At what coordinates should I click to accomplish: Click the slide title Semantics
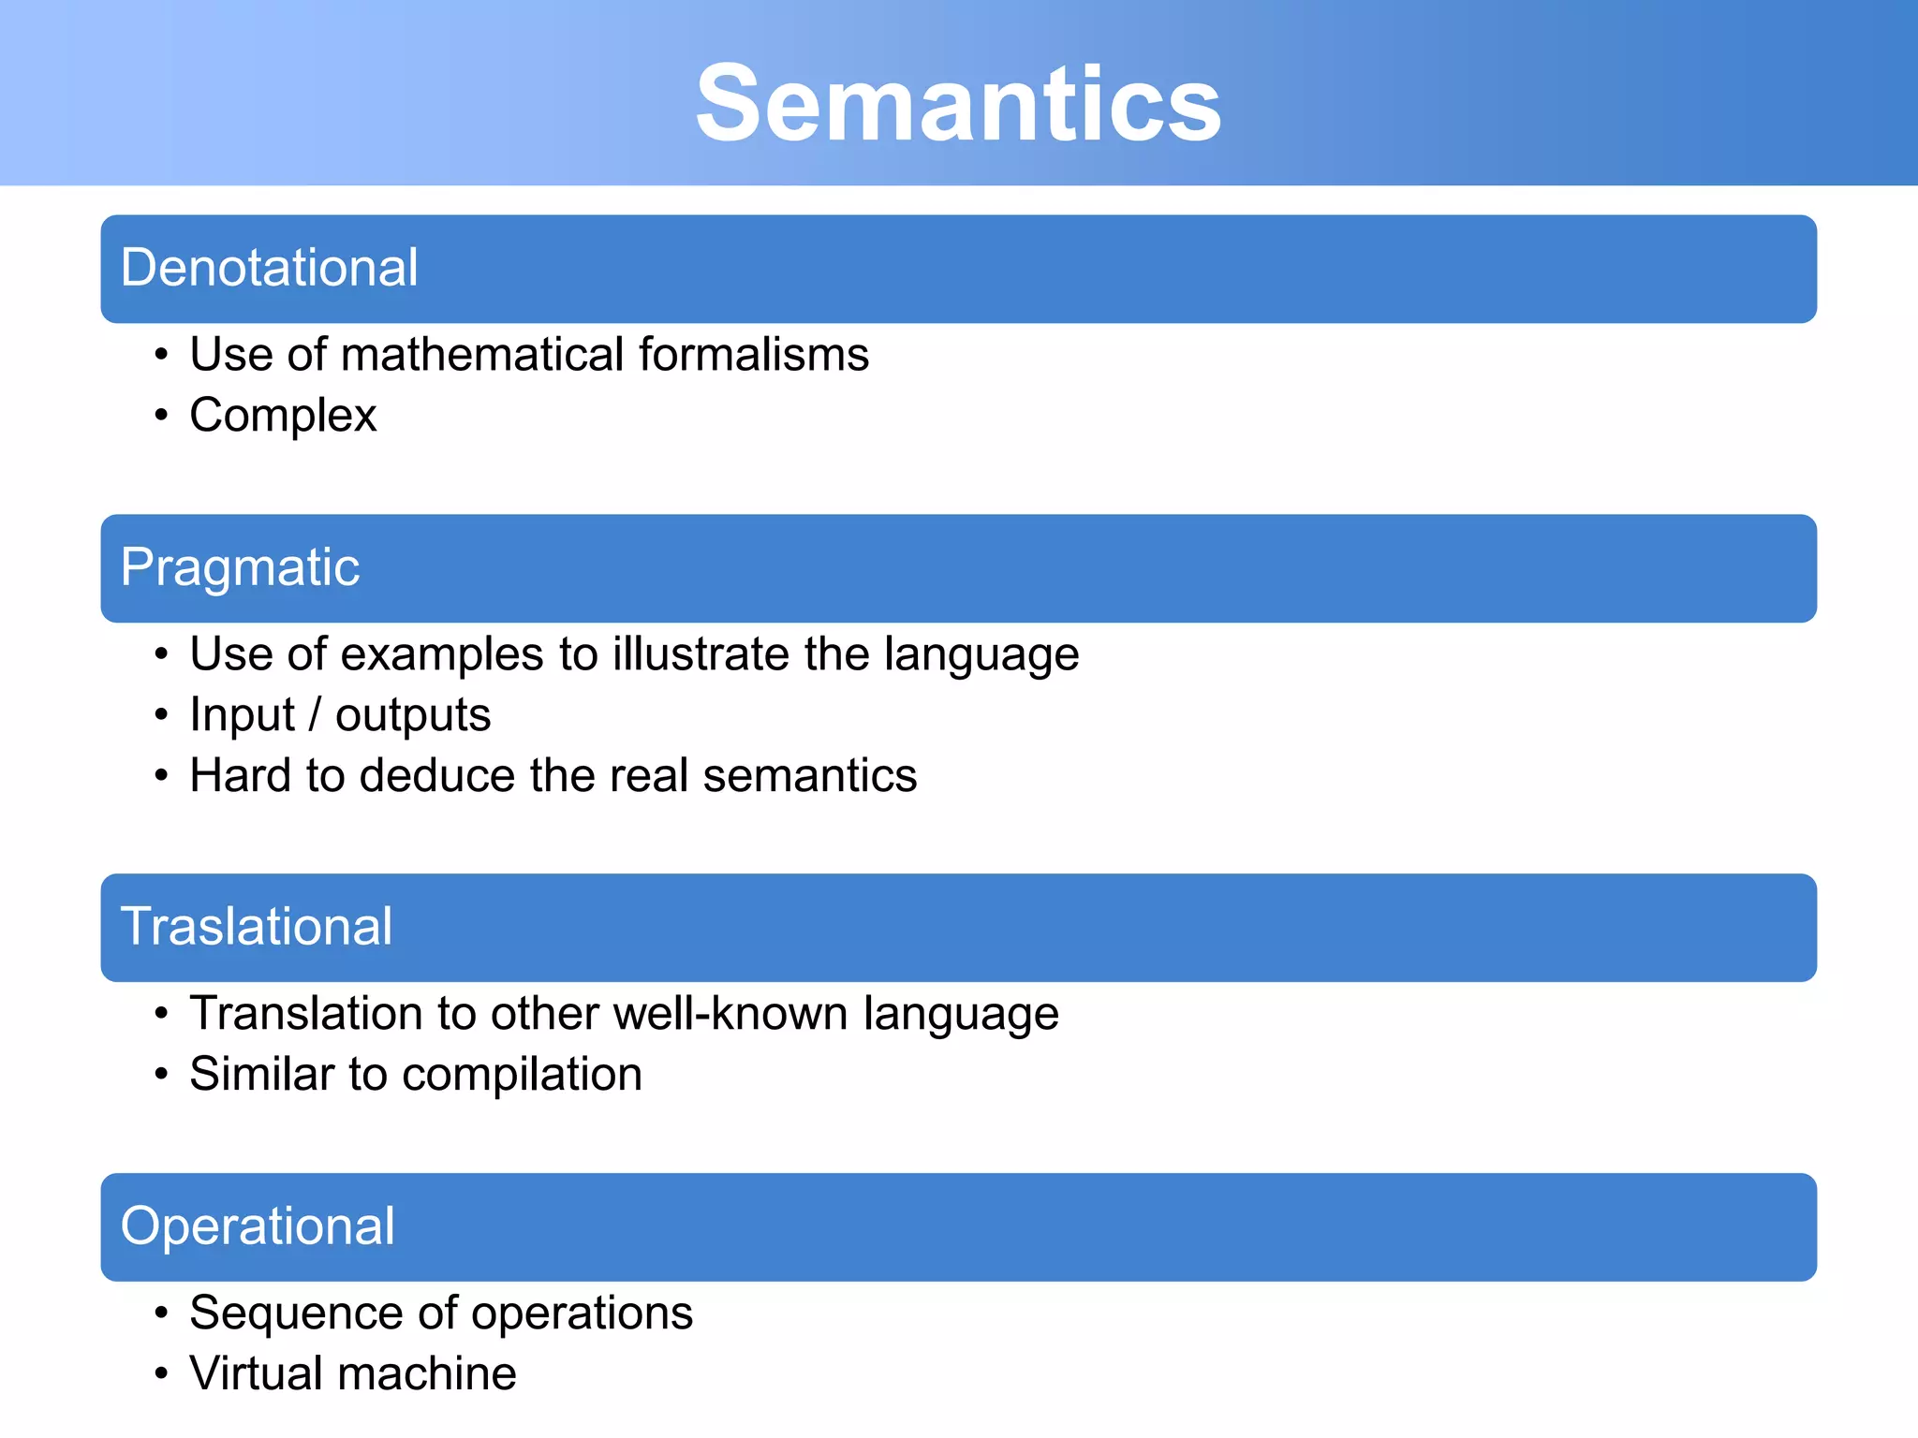958,103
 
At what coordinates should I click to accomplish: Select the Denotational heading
269,268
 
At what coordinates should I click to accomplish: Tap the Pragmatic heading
240,567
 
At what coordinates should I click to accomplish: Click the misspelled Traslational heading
257,927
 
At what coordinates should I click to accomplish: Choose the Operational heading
258,1226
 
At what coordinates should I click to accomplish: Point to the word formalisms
754,355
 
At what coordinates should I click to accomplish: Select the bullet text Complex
283,416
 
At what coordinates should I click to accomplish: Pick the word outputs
413,716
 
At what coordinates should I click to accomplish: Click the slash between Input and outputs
315,716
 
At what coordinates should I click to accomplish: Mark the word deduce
436,776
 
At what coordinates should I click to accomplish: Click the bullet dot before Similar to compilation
162,1074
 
